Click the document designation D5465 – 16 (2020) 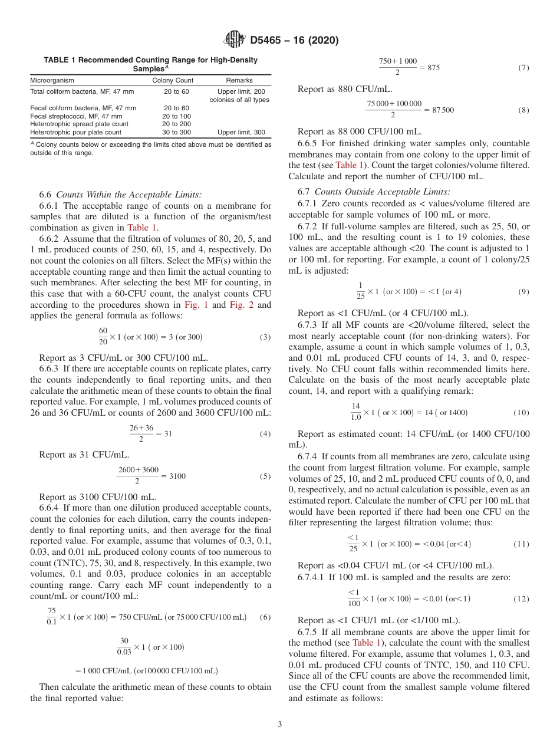click(294, 41)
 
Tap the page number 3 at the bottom click(280, 725)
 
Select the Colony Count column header click(173, 80)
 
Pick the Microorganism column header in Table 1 click(52, 80)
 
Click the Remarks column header click(239, 80)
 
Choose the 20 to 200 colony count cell click(176, 124)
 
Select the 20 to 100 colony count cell click(176, 116)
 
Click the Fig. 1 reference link click(196, 305)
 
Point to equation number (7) click(523, 68)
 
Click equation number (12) click(521, 599)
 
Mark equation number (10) click(521, 413)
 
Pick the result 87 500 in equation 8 click(443, 110)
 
